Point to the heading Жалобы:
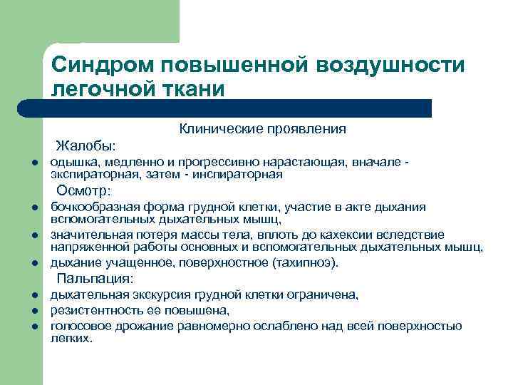coord(86,146)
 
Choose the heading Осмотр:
coord(84,190)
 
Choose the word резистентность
coord(90,311)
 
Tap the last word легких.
coord(72,339)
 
